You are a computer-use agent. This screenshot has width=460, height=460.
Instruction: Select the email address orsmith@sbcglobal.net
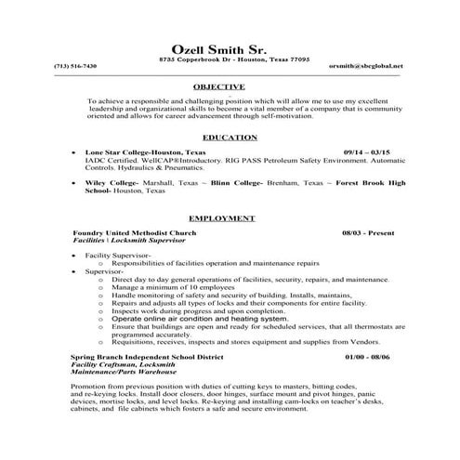click(366, 66)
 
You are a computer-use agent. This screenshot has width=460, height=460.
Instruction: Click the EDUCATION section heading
click(230, 137)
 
